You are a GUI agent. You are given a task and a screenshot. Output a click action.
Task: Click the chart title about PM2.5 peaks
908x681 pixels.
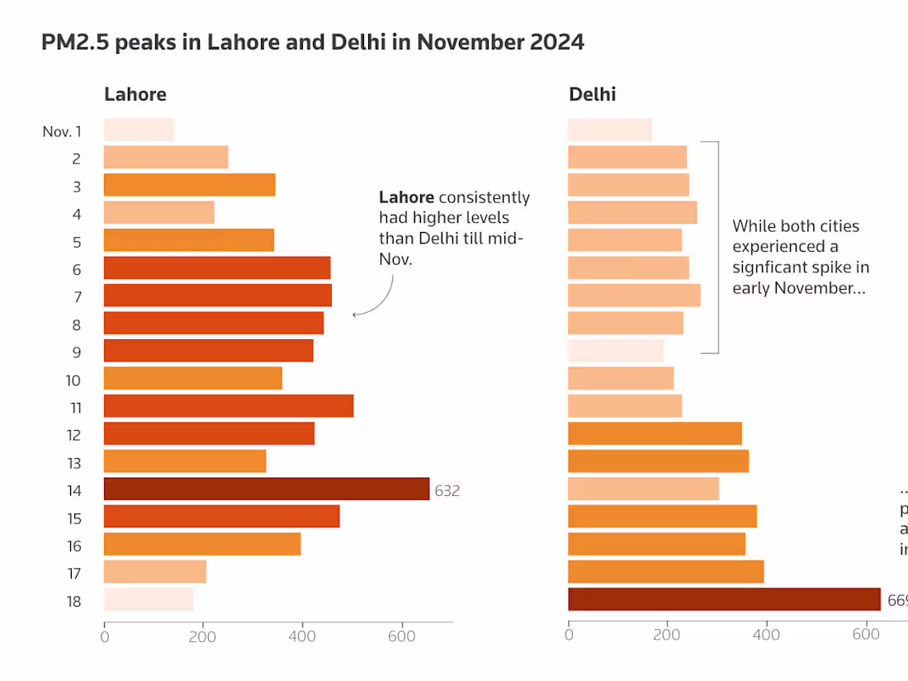pyautogui.click(x=312, y=43)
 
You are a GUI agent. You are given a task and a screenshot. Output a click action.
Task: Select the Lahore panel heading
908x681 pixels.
pyautogui.click(x=135, y=94)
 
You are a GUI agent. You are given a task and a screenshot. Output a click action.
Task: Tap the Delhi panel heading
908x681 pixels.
pyautogui.click(x=592, y=94)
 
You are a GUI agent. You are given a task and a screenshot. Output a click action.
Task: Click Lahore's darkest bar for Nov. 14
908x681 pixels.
pyautogui.click(x=267, y=489)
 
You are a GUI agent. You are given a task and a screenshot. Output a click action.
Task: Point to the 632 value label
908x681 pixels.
pyautogui.click(x=447, y=490)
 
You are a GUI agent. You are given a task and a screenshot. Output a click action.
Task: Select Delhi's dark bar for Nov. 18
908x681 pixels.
pyautogui.click(x=724, y=599)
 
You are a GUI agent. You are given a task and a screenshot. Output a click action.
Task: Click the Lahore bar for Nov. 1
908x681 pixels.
pyautogui.click(x=139, y=130)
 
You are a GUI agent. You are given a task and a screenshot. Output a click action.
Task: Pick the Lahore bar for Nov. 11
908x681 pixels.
pyautogui.click(x=229, y=406)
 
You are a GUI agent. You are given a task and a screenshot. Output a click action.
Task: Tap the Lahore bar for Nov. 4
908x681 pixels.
pyautogui.click(x=158, y=213)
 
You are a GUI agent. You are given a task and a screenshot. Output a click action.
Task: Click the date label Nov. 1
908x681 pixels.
pyautogui.click(x=62, y=131)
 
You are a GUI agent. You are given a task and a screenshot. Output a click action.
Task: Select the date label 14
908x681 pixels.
pyautogui.click(x=73, y=490)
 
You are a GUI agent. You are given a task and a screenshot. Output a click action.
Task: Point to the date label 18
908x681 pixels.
pyautogui.click(x=73, y=601)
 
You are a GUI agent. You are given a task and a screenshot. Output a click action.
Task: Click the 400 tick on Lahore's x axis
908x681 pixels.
pyautogui.click(x=302, y=636)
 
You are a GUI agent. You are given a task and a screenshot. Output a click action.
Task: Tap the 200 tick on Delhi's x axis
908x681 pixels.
pyautogui.click(x=667, y=636)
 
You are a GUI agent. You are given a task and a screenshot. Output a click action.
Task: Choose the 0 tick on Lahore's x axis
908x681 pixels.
pyautogui.click(x=105, y=636)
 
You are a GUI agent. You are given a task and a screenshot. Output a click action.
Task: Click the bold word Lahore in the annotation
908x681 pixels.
pyautogui.click(x=406, y=198)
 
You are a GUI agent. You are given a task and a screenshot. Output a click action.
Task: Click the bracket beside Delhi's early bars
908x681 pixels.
pyautogui.click(x=717, y=248)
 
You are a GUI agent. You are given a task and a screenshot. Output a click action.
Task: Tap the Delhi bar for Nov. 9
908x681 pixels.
pyautogui.click(x=616, y=351)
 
